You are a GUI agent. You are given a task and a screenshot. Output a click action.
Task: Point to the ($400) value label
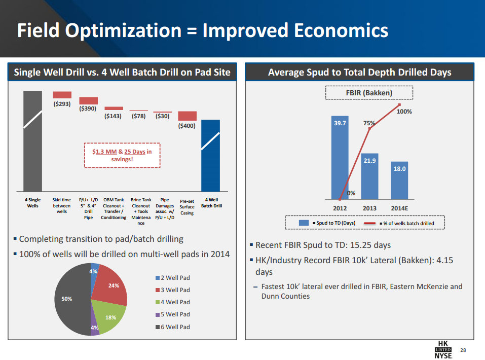[186, 126]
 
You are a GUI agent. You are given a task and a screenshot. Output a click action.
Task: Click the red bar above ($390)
[89, 100]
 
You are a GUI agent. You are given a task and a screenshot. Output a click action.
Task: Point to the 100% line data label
[404, 111]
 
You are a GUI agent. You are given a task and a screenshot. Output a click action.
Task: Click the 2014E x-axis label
[400, 208]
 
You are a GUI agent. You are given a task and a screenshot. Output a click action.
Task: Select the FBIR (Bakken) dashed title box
[369, 93]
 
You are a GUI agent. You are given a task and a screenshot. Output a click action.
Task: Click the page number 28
[463, 350]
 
